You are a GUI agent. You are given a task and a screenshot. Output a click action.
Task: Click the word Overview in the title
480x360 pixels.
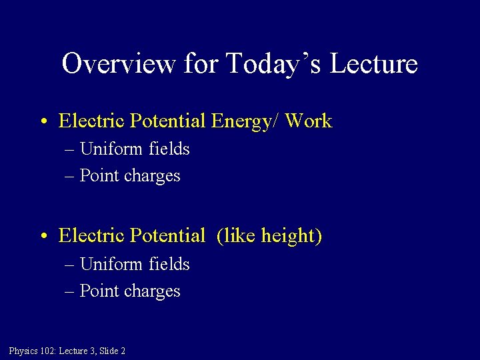(119, 64)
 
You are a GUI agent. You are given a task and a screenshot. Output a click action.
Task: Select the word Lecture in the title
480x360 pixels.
(374, 64)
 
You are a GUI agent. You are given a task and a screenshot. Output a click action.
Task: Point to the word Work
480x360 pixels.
(307, 121)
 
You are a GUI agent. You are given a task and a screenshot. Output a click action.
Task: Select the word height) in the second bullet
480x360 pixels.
(292, 236)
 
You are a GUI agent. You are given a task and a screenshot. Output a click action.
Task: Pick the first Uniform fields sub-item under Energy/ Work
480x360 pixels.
(134, 149)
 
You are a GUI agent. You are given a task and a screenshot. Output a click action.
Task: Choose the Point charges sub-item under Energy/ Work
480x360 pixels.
(129, 176)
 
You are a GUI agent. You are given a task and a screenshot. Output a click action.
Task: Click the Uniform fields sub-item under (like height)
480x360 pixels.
(134, 265)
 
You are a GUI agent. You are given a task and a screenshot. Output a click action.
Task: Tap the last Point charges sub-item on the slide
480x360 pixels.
(129, 291)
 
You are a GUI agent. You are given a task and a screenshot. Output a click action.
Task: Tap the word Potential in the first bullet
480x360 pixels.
(168, 121)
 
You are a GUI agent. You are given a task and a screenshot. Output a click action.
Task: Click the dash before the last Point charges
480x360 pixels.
(70, 292)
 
